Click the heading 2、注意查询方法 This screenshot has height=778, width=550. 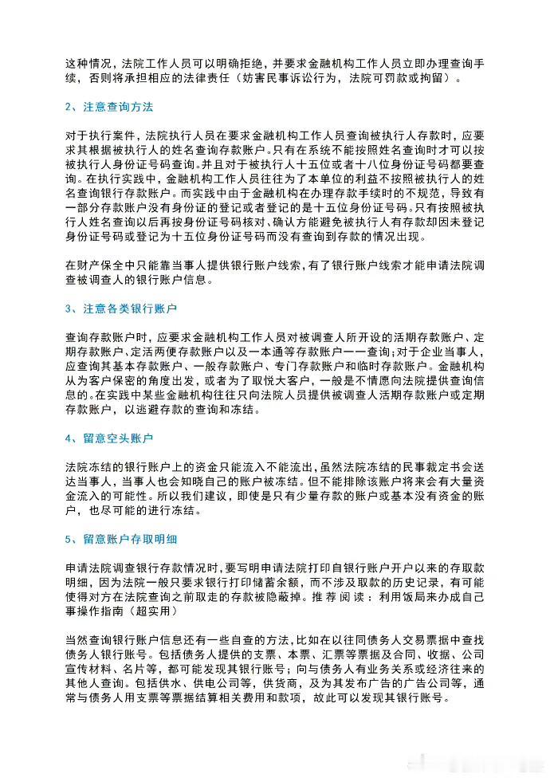pyautogui.click(x=108, y=107)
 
